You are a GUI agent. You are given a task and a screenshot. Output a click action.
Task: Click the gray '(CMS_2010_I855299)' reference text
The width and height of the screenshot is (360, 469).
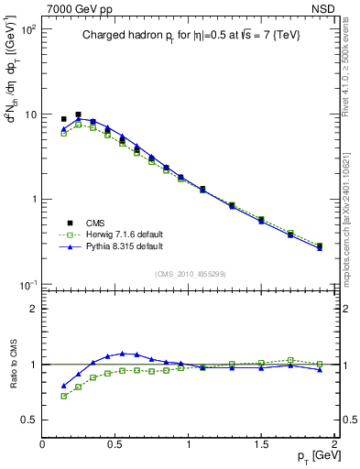pyautogui.click(x=190, y=273)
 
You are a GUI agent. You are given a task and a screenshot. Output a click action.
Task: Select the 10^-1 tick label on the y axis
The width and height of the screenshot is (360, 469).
pyautogui.click(x=27, y=285)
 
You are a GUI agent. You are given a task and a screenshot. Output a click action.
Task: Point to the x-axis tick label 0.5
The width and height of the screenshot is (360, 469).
pyautogui.click(x=115, y=444)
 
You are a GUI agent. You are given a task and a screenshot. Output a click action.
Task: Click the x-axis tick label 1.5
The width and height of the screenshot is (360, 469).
pyautogui.click(x=261, y=444)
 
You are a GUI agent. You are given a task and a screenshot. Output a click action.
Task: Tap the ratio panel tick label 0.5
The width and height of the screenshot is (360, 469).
pyautogui.click(x=29, y=420)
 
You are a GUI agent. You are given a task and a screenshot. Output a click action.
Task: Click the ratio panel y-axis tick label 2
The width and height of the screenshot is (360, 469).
pyautogui.click(x=34, y=309)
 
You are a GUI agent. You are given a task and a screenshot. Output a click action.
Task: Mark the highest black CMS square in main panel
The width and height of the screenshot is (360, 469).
pyautogui.click(x=78, y=115)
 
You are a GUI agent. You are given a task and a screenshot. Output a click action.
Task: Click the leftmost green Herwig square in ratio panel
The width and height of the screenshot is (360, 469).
pyautogui.click(x=63, y=396)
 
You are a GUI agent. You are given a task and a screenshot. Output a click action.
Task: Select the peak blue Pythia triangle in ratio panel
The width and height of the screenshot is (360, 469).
pyautogui.click(x=122, y=353)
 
